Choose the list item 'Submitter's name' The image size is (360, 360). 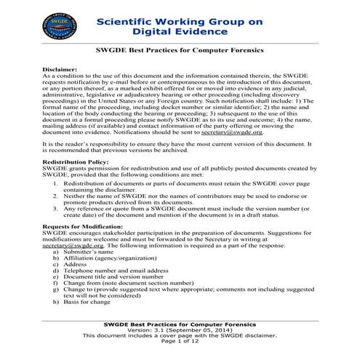[90, 252]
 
